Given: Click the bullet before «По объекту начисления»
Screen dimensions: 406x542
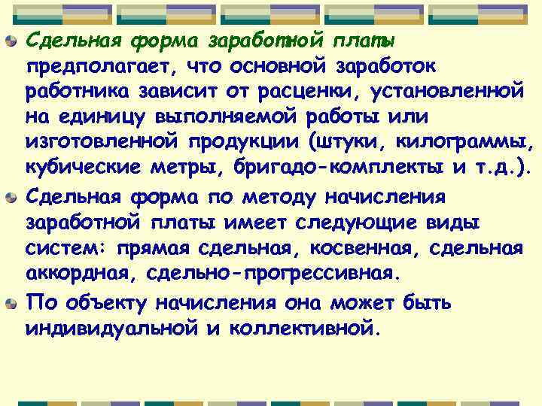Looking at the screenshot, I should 11,303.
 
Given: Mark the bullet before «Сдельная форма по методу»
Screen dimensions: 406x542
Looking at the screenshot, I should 11,198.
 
